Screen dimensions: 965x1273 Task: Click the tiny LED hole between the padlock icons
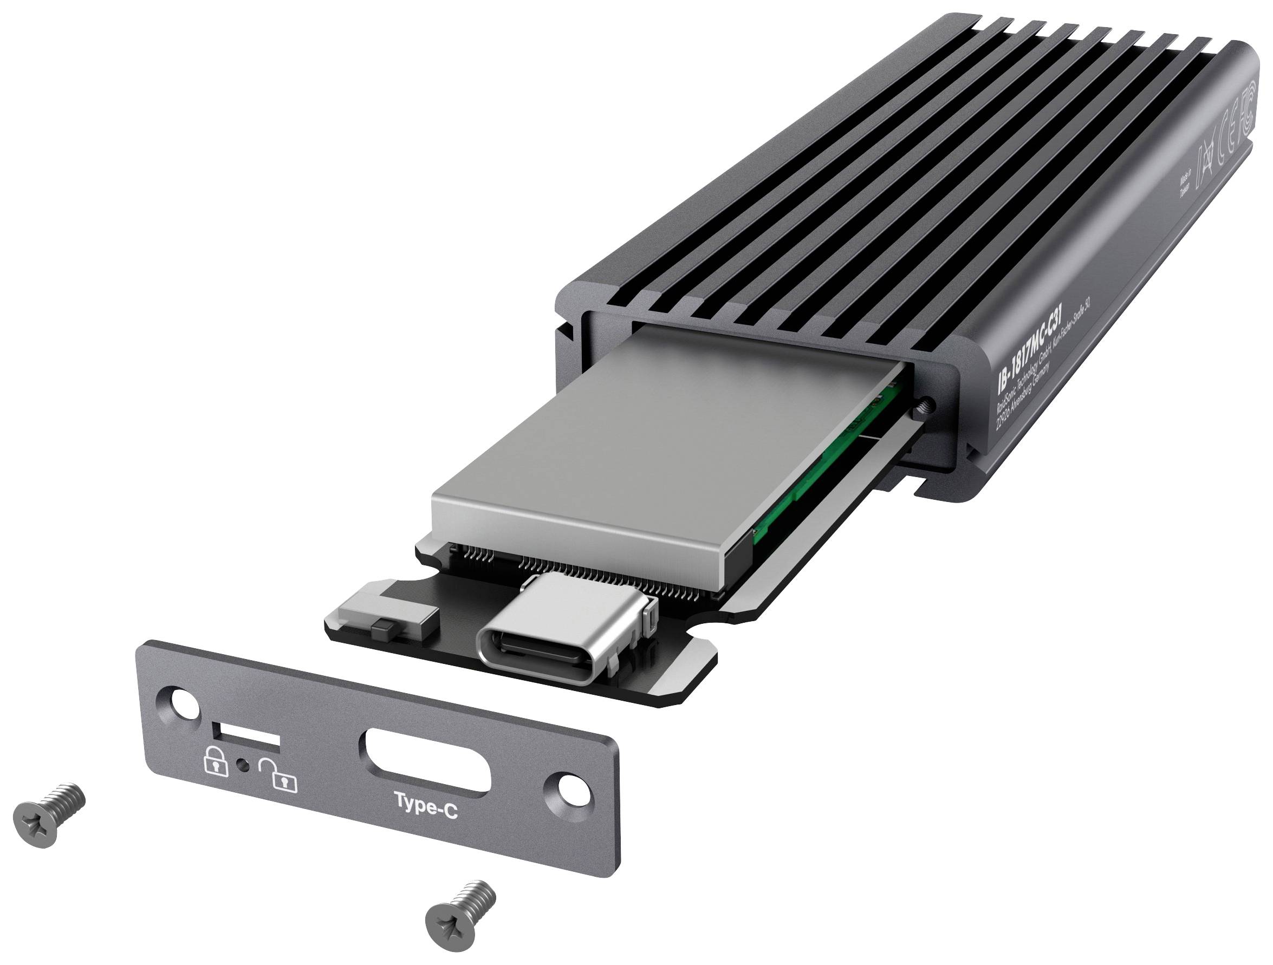coord(243,765)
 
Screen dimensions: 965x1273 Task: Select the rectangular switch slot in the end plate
coord(246,737)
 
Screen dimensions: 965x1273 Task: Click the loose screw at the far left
coord(50,817)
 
